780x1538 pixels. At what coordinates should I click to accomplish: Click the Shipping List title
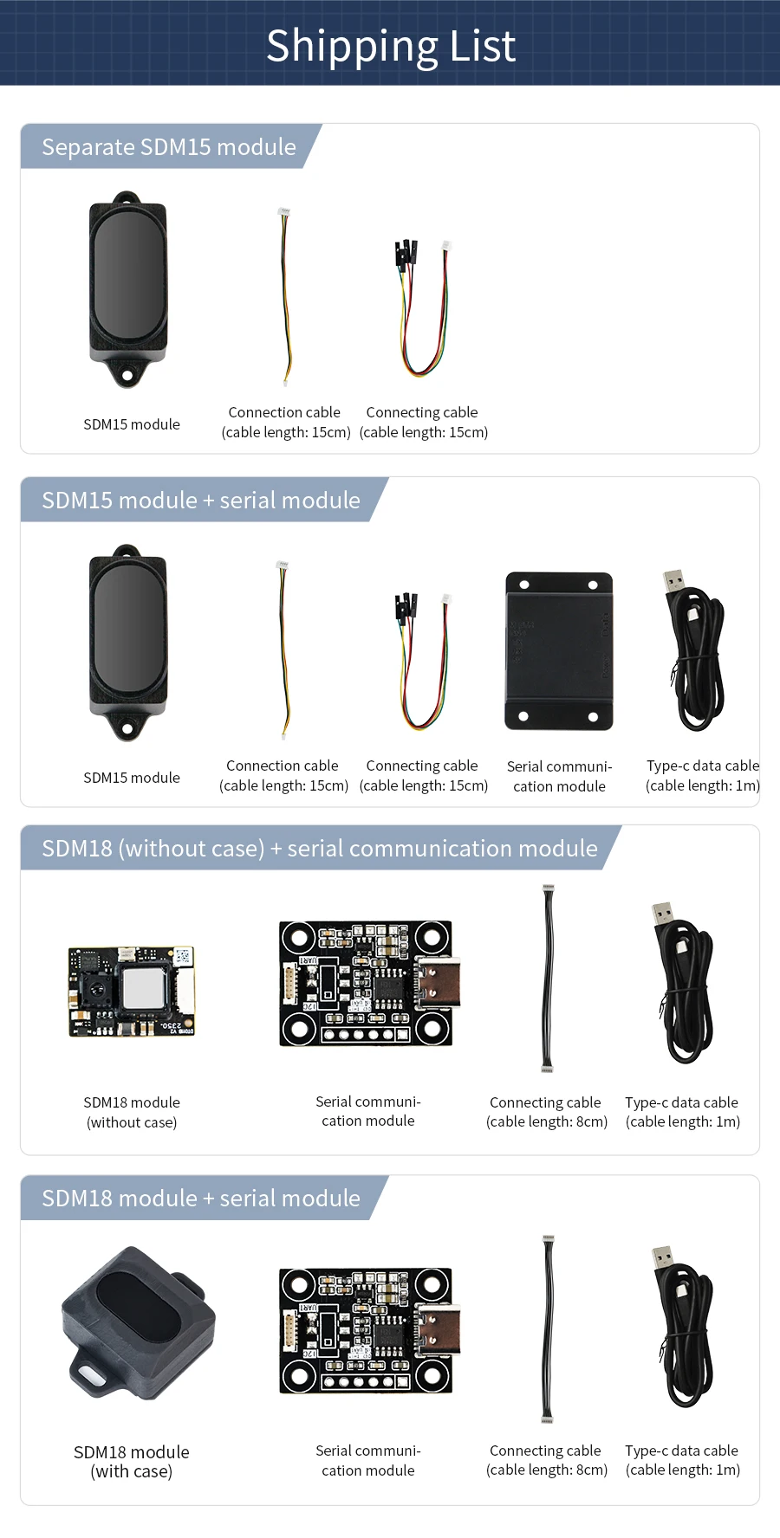(390, 46)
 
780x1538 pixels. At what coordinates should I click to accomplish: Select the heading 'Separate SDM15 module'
(169, 147)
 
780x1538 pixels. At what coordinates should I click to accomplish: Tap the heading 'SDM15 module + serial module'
(201, 501)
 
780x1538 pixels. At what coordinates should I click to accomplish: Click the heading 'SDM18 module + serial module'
(201, 1199)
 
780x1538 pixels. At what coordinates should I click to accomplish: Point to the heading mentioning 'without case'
(320, 849)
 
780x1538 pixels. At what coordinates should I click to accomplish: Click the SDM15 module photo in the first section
(128, 286)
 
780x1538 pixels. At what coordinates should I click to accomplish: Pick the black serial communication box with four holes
(559, 651)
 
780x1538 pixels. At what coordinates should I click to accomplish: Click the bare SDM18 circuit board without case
(132, 991)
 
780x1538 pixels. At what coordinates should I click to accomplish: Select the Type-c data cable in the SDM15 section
(696, 651)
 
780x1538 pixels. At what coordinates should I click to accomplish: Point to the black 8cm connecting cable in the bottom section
(548, 1328)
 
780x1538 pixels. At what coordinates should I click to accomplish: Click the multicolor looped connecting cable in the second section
(423, 662)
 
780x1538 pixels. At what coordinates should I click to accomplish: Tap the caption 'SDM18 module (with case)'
(132, 1462)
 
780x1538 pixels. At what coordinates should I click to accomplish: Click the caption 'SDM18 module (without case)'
(132, 1112)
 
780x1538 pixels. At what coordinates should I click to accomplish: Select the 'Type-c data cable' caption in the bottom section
(682, 1460)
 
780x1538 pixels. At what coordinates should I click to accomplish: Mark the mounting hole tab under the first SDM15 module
(127, 376)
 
